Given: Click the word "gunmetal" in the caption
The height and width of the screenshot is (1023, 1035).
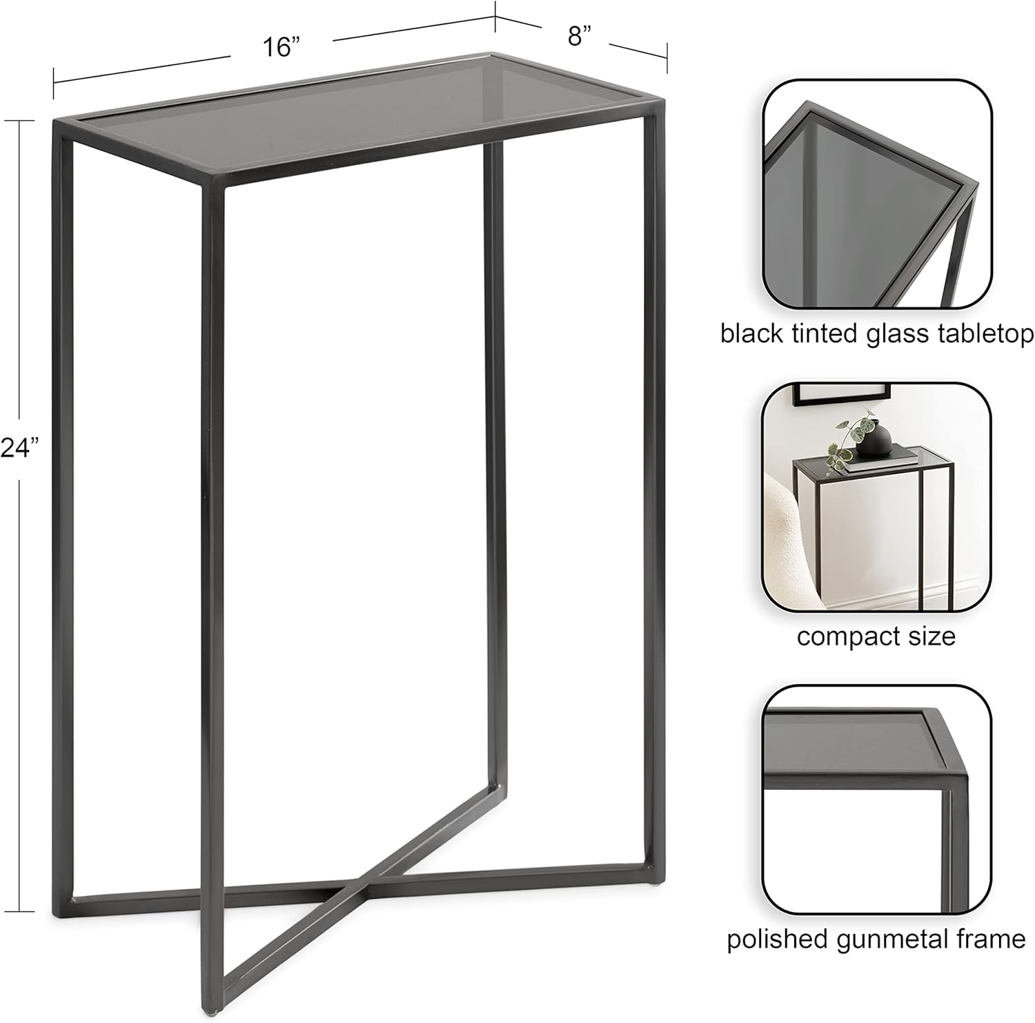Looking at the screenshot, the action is pos(889,940).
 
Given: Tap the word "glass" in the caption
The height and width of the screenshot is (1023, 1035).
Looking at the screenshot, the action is pos(891,335).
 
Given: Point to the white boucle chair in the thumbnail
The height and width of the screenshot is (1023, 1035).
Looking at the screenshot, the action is pos(786,538).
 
